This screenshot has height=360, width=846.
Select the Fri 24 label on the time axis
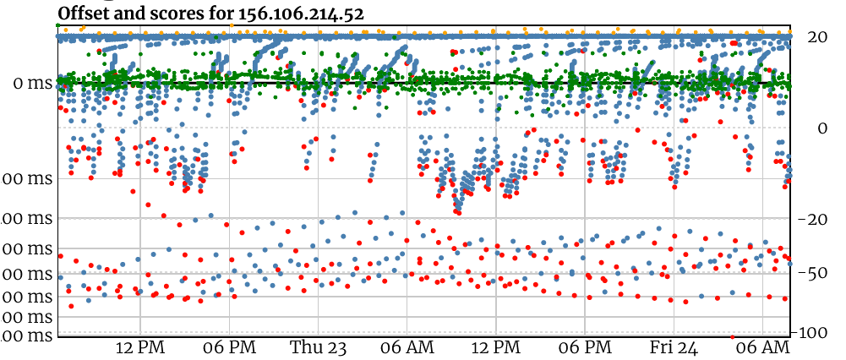click(x=674, y=347)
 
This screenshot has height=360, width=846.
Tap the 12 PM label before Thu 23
click(x=139, y=347)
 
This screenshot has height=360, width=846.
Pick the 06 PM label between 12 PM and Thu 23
click(x=229, y=347)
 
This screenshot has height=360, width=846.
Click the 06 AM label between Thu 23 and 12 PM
click(x=407, y=347)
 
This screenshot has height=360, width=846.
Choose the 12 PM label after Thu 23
click(x=496, y=347)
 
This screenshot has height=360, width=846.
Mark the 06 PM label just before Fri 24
click(x=585, y=347)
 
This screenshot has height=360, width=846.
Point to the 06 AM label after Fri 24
click(x=763, y=347)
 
